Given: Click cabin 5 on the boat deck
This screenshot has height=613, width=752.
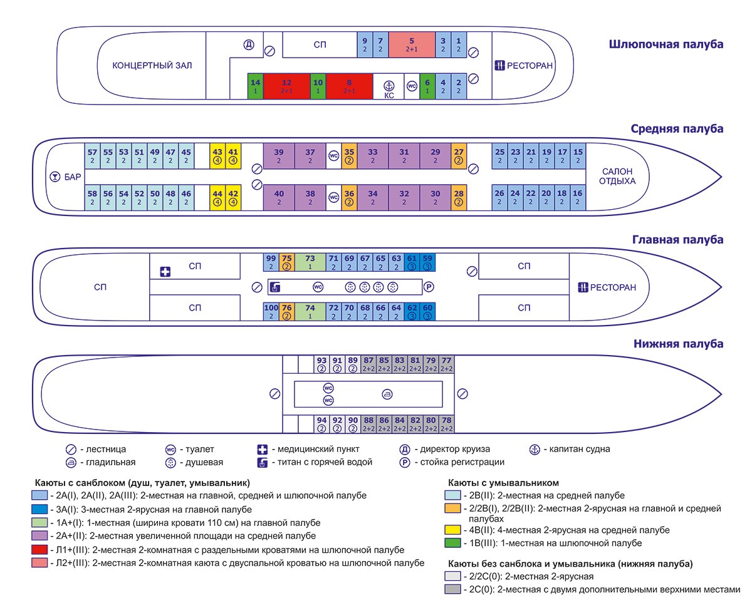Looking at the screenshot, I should [411, 44].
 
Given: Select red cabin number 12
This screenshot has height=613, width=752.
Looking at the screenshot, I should [286, 86].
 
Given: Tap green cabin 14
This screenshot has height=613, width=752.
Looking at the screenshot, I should [255, 86].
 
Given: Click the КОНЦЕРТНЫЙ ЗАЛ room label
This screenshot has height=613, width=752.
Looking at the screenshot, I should [152, 66].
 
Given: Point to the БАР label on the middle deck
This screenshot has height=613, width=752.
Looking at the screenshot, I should [73, 177].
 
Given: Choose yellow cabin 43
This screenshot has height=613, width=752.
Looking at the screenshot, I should [217, 155].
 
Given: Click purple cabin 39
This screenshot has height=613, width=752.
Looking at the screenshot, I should [279, 155].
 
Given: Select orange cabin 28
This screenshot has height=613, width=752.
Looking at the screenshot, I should [459, 197].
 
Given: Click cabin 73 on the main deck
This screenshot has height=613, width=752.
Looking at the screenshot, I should [310, 262].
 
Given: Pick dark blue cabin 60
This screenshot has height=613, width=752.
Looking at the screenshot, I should [427, 311].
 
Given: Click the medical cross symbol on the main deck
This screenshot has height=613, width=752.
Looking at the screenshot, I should [165, 272].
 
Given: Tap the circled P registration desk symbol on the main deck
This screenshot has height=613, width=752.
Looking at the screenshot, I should [429, 287].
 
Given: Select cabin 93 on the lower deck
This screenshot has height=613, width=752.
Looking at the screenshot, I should [321, 364].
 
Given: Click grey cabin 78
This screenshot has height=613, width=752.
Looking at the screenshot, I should [446, 424].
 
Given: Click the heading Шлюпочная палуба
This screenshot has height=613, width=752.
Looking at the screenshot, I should [666, 44].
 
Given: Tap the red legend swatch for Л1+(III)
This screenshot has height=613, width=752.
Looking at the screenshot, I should [38, 550].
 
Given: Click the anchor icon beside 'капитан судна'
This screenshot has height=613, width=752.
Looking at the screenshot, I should [535, 449].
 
